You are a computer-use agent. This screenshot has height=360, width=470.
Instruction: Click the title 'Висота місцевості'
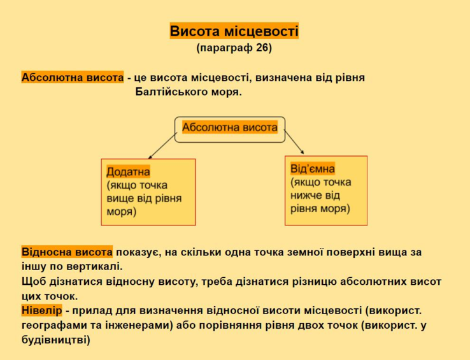coord(234,31)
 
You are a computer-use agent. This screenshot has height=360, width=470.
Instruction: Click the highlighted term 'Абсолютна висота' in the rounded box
coord(230,127)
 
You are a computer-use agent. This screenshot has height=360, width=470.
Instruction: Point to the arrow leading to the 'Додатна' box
coord(162,146)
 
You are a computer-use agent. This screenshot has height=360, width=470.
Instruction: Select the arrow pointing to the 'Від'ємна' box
coord(294,143)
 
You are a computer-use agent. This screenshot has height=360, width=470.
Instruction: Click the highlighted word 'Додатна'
coord(128,172)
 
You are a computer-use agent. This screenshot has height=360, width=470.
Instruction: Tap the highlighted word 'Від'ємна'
coord(312,169)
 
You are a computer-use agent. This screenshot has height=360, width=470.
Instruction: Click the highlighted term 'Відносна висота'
coord(67,252)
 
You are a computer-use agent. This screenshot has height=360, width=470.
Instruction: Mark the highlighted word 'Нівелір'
coord(41,310)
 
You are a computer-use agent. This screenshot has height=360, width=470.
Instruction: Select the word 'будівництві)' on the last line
coord(56,340)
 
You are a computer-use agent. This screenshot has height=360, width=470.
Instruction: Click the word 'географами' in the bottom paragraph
coord(55,326)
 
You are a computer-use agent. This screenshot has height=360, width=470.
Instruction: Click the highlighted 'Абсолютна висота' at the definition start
coord(73,77)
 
